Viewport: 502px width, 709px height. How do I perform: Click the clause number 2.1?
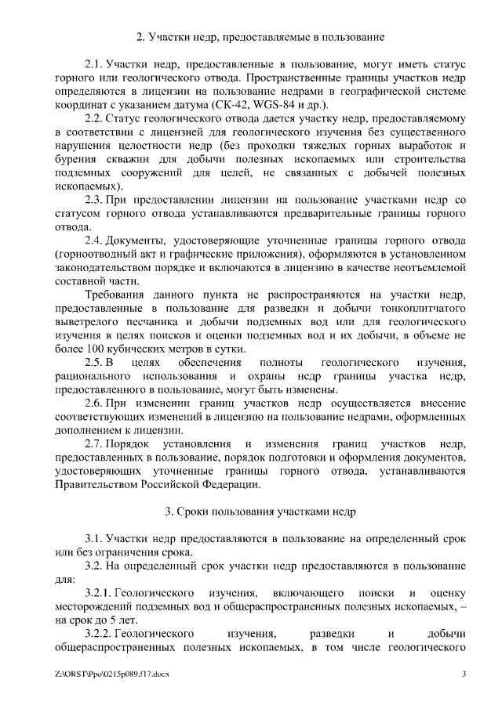pos(94,62)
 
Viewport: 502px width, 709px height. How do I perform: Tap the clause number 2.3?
pos(94,200)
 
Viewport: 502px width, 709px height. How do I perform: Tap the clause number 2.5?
pos(94,364)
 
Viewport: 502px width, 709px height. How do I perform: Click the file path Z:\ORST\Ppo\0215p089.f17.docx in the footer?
pos(113,675)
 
